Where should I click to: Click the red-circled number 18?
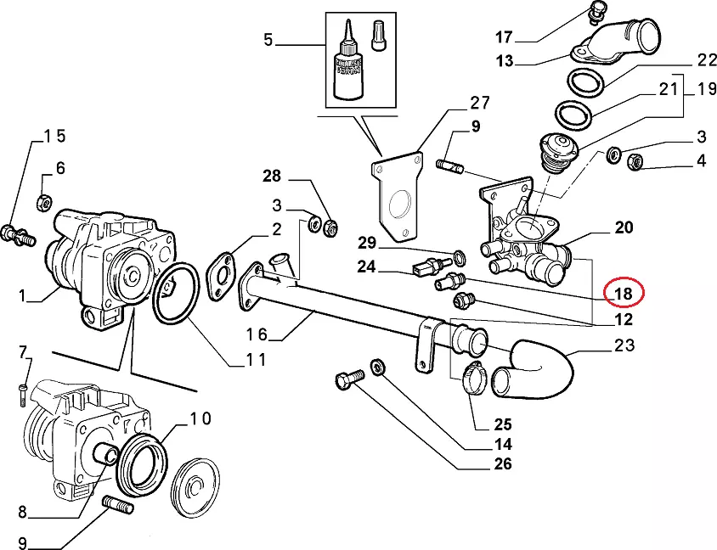pos(624,294)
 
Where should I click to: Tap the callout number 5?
pos(268,39)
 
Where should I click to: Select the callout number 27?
pos(480,104)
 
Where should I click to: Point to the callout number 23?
pos(624,345)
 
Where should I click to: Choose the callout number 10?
pos(200,418)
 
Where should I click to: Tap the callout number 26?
pos(503,463)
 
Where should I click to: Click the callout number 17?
pos(505,37)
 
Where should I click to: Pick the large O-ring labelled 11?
pos(176,293)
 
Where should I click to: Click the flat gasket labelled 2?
pos(222,273)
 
